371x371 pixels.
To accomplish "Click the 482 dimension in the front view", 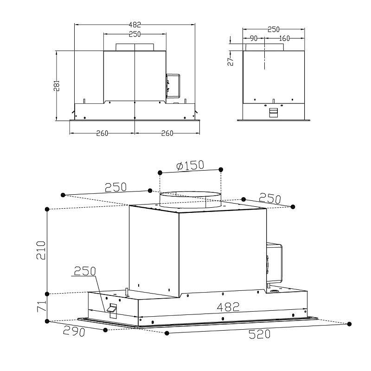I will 134,25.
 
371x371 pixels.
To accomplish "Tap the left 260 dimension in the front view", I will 102,133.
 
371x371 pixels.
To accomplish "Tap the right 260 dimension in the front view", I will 167,133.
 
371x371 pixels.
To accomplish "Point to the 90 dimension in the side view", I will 253,38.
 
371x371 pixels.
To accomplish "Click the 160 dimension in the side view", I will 284,38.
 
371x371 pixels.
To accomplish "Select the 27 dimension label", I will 230,61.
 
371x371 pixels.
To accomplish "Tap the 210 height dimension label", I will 41,250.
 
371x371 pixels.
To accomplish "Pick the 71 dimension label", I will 41,307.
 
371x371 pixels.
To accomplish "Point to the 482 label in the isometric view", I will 228,307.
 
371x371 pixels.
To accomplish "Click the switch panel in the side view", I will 274,112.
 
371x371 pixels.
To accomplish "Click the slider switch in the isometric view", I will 112,309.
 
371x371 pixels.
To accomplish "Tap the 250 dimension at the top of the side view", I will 274,29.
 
